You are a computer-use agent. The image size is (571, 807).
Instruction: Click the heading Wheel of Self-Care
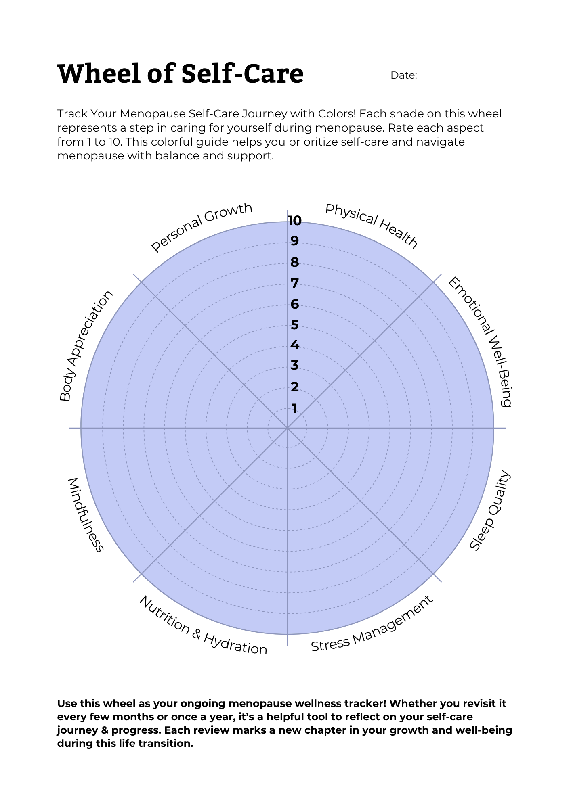(181, 74)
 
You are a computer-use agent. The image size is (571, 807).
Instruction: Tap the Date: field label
(403, 75)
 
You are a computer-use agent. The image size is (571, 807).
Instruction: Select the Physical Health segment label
(371, 226)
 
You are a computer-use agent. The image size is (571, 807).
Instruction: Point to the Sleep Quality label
(490, 510)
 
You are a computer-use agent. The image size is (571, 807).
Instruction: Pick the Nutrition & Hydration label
(203, 626)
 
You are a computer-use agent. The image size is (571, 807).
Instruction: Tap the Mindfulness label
(85, 514)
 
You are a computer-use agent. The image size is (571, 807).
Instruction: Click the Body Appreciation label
(86, 345)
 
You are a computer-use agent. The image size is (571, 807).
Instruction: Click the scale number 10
(294, 221)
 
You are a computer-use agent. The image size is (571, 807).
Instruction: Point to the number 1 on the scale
(295, 409)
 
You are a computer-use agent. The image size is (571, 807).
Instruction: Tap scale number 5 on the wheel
(295, 325)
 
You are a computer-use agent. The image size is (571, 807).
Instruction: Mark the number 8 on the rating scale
(295, 262)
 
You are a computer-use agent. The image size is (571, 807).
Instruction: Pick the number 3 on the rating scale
(295, 365)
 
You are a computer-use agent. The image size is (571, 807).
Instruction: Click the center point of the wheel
(287, 428)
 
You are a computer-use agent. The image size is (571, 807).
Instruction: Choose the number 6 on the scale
(295, 304)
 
